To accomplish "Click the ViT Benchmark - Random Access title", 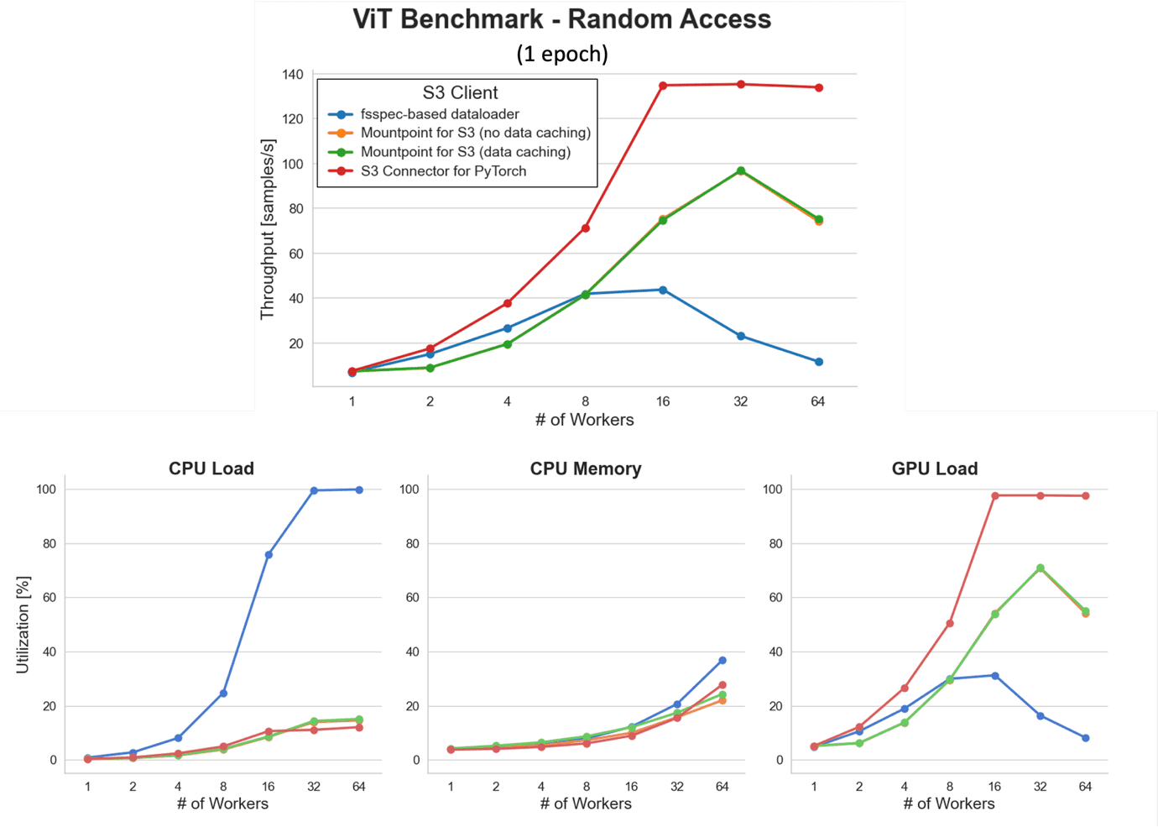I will click(561, 19).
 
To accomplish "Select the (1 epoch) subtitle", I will click(561, 54).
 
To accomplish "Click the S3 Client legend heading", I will click(460, 92).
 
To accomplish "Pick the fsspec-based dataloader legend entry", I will click(439, 114).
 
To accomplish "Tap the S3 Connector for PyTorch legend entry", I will click(443, 171).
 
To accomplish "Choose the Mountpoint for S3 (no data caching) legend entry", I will click(475, 133).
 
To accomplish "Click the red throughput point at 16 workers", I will click(663, 86).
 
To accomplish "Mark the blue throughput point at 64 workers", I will click(819, 362).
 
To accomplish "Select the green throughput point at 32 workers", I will click(741, 170).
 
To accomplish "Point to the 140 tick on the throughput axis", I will click(293, 75).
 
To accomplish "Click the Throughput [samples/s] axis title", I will click(268, 229).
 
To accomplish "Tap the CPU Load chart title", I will click(211, 468).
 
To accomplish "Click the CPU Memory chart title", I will click(586, 468).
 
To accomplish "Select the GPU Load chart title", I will click(935, 468).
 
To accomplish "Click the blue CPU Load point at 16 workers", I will click(269, 555).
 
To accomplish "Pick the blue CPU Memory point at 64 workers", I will click(722, 661).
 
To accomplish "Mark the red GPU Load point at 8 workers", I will click(950, 624).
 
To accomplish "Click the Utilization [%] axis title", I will click(23, 625).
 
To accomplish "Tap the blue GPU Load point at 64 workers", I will click(1086, 738).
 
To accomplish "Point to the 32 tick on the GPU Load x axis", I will click(1041, 787).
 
